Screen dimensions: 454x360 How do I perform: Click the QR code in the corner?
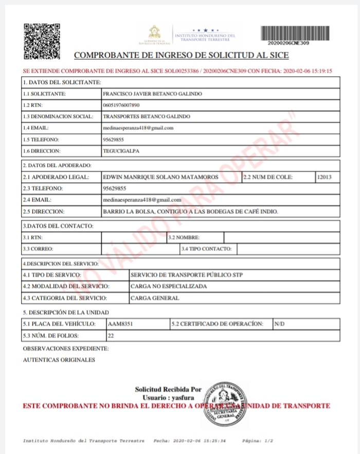[x=42, y=41]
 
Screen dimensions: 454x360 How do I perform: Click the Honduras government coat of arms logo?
[x=154, y=34]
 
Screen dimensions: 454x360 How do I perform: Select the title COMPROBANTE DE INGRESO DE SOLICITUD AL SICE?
[x=182, y=56]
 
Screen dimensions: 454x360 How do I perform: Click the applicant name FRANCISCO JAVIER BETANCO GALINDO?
[x=152, y=94]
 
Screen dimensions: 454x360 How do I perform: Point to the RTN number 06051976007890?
[x=121, y=105]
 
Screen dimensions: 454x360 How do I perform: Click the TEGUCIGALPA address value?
[x=121, y=151]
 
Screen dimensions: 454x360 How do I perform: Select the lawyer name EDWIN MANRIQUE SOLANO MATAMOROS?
[x=160, y=177]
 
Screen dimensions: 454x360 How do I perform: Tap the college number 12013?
[x=325, y=177]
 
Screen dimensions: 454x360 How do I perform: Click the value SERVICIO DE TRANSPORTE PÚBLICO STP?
[x=186, y=275]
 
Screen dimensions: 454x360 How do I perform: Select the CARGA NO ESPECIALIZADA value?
[x=169, y=286]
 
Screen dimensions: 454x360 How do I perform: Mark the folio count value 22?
[x=111, y=336]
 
